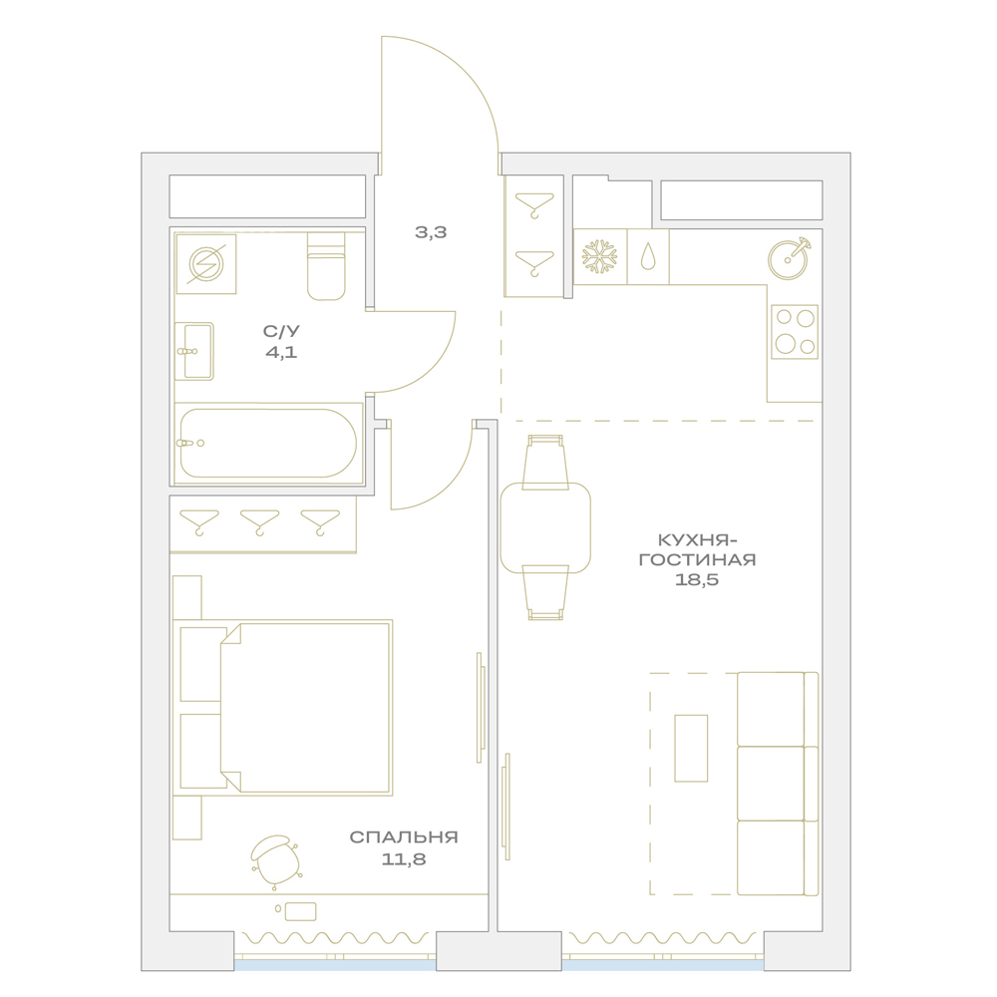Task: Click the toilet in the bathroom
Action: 326,266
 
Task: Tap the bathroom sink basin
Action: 194,351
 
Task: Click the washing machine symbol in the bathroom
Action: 206,264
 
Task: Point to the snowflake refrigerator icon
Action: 599,256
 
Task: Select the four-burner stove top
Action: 795,331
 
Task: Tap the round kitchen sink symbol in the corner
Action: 789,258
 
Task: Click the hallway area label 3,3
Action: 431,232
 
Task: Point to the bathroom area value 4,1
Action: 281,352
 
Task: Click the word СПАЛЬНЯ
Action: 404,836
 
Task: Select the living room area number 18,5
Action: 697,579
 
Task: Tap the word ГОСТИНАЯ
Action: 698,559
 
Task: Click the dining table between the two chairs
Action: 545,527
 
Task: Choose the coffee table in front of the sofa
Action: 691,748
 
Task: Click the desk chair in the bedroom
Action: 276,861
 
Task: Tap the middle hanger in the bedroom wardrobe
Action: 259,522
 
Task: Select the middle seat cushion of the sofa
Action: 771,784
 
